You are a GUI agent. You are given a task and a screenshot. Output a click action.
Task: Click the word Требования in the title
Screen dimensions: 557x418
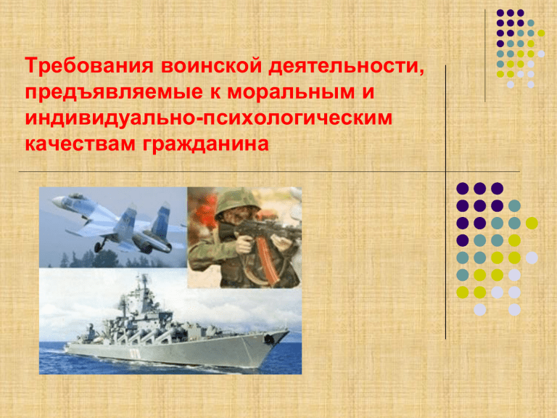89,66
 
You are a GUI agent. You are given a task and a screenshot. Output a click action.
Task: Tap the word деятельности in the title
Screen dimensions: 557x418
347,67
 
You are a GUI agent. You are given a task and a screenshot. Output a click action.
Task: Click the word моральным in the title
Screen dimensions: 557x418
291,92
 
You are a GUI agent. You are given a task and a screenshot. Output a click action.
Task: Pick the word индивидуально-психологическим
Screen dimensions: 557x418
209,118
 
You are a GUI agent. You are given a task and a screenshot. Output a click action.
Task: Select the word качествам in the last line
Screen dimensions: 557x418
81,144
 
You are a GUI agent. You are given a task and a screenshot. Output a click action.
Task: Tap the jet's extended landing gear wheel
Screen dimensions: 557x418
97,247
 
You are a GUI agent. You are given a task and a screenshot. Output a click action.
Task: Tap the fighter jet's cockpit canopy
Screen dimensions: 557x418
76,196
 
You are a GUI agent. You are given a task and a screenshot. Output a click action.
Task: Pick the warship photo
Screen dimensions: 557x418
170,321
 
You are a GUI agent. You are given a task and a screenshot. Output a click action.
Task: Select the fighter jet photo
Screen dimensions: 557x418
113,227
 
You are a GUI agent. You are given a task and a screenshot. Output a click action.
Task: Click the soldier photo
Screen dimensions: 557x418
244,237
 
